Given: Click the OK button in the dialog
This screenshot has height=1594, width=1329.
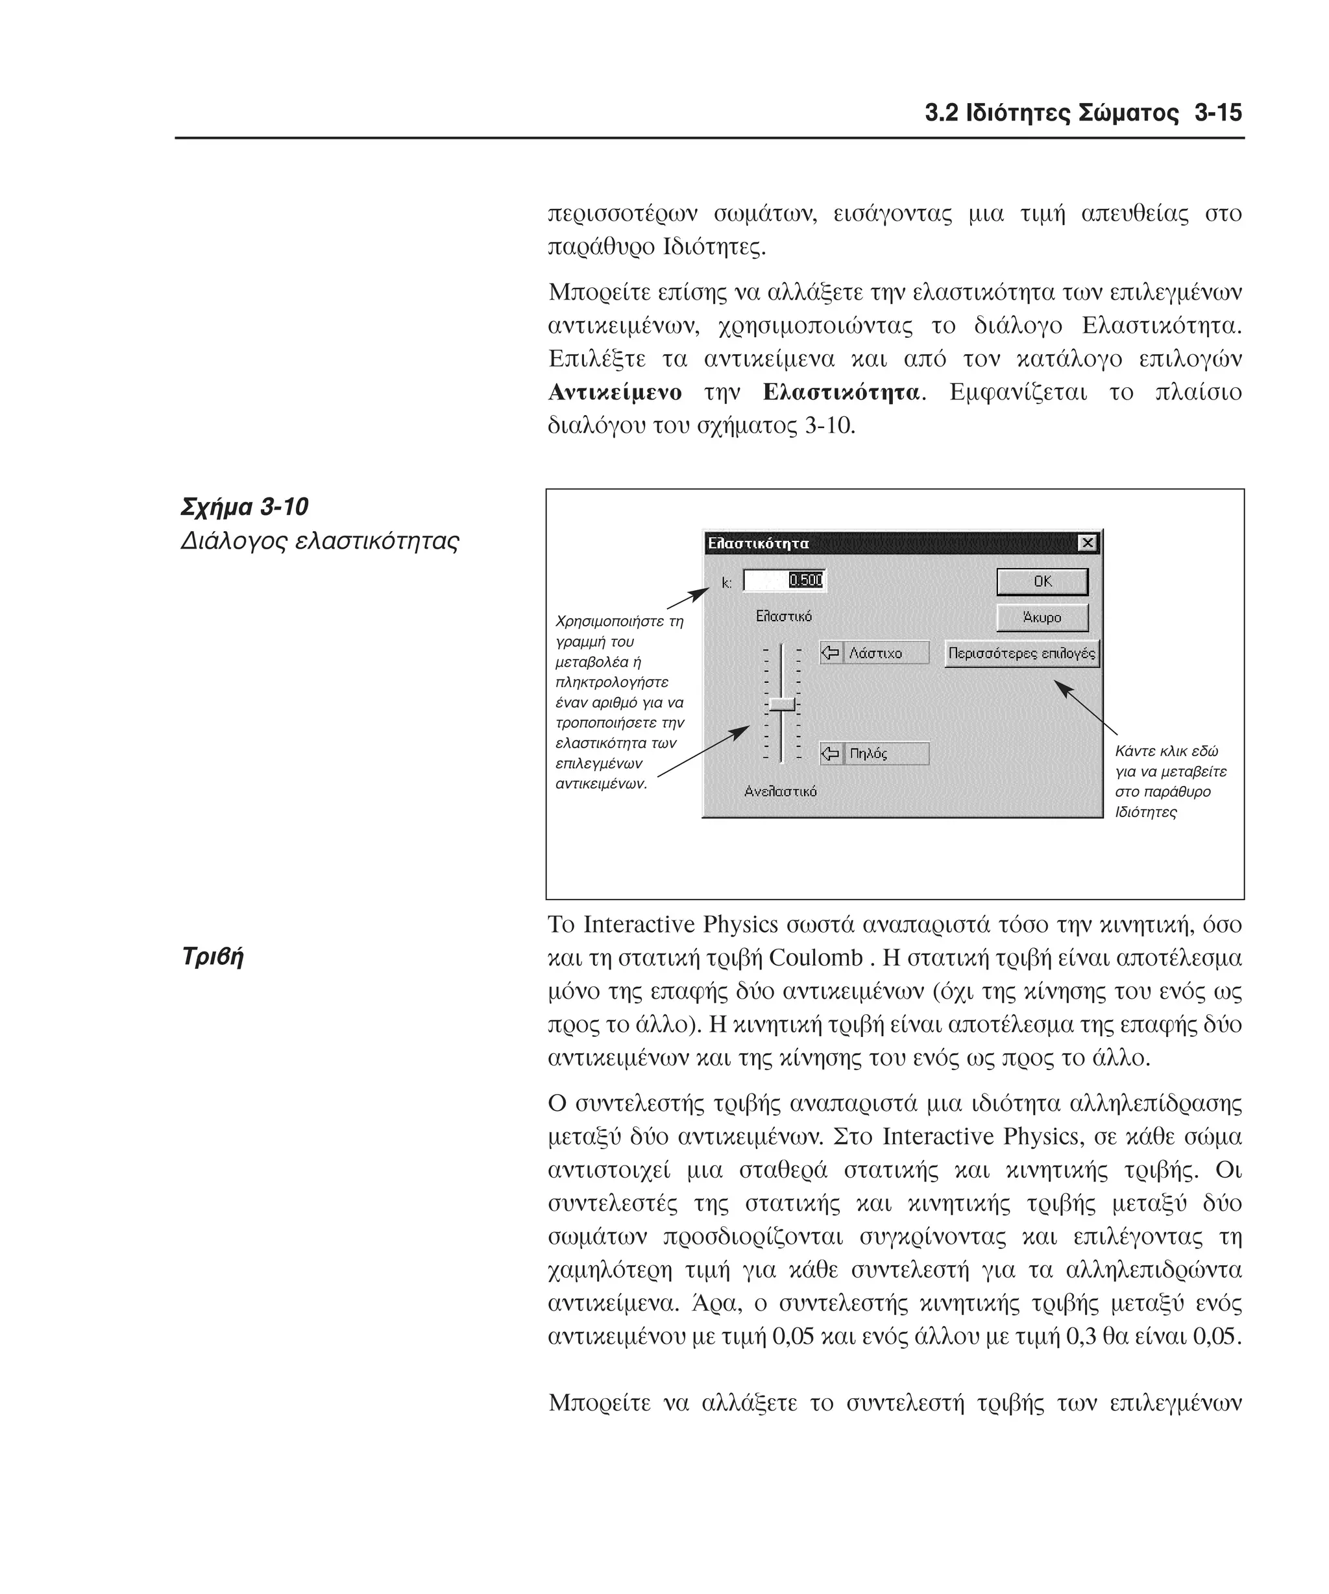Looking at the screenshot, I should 1042,582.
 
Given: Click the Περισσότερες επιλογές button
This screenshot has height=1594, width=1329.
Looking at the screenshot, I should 1021,654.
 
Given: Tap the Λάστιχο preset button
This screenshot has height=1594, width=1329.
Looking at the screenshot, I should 874,654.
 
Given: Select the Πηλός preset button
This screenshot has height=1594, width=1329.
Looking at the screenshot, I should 874,754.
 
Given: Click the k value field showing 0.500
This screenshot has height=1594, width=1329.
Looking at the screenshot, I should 784,580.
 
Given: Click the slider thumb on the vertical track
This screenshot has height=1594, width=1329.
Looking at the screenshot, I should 781,704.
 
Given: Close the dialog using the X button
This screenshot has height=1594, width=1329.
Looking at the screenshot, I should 1088,543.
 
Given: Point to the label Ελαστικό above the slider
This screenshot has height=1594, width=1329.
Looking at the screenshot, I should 783,616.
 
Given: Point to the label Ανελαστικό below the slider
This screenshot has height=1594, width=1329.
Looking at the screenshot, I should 780,792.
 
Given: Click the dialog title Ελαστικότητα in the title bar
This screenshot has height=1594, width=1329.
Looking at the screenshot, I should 758,543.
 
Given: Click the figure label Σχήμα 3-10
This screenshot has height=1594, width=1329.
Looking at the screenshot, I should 245,507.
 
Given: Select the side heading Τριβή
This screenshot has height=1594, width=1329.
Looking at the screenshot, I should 213,957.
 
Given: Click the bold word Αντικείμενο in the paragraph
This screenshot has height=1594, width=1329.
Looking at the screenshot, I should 615,392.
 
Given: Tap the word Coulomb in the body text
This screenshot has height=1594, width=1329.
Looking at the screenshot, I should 816,958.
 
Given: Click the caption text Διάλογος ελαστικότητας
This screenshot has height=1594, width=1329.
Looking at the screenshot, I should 320,541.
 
